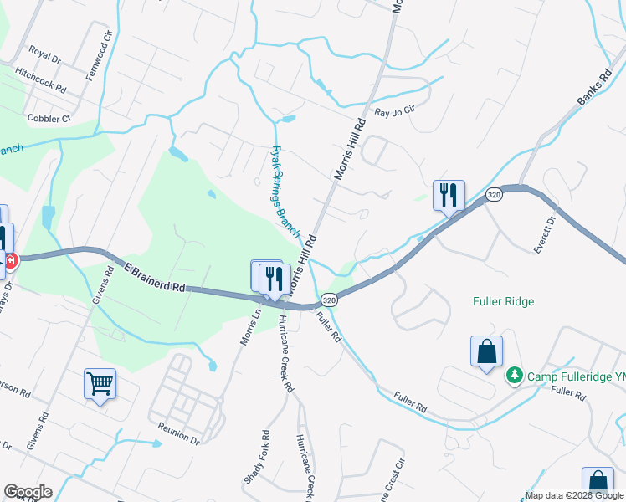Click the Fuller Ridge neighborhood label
pyautogui.click(x=503, y=301)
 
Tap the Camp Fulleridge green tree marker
pyautogui.click(x=516, y=376)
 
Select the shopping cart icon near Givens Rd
pyautogui.click(x=100, y=384)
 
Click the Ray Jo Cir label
pyautogui.click(x=395, y=112)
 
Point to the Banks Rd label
pyautogui.click(x=590, y=91)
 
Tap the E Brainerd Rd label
pyautogui.click(x=154, y=277)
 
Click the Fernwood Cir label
pyautogui.click(x=99, y=53)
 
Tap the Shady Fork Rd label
pyautogui.click(x=256, y=457)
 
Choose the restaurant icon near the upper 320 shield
pyautogui.click(x=449, y=196)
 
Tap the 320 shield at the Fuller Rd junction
pyautogui.click(x=330, y=300)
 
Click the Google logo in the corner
pyautogui.click(x=28, y=492)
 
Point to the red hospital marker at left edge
pyautogui.click(x=10, y=261)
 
